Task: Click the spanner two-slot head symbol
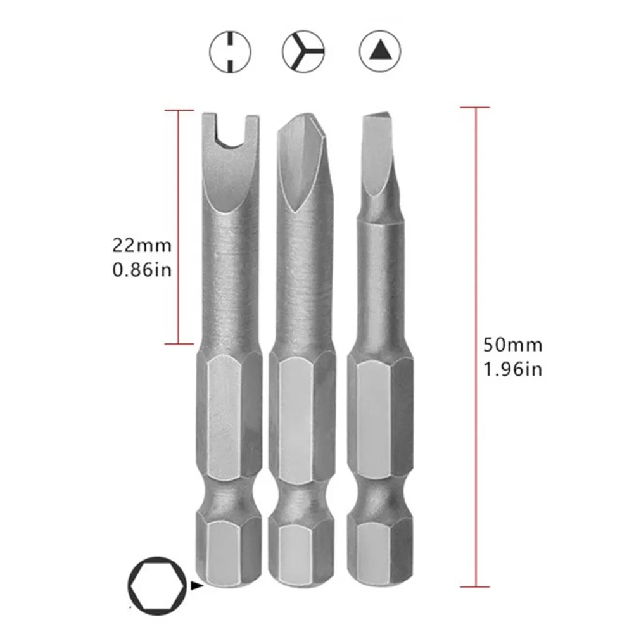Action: (x=230, y=52)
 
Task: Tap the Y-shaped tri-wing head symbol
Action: (x=303, y=51)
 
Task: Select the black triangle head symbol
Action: (x=379, y=51)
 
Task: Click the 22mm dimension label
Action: (x=142, y=246)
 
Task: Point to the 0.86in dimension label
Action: (x=142, y=270)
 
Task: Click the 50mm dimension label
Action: (x=512, y=345)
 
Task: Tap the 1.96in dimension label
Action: (x=512, y=369)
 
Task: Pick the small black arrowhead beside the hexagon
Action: (x=196, y=585)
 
